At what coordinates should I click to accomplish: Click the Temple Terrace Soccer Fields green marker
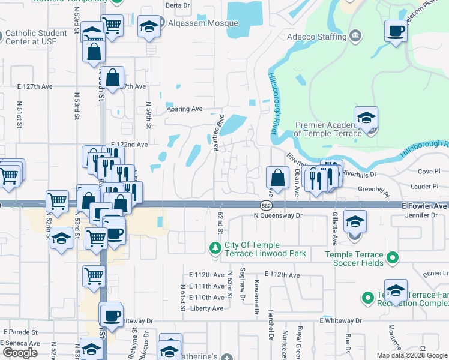(393, 258)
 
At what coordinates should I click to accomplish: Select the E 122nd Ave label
(129, 145)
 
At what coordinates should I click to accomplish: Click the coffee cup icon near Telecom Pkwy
(396, 31)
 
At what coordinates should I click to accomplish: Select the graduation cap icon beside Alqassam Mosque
(148, 26)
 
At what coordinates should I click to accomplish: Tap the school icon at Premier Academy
(366, 118)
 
